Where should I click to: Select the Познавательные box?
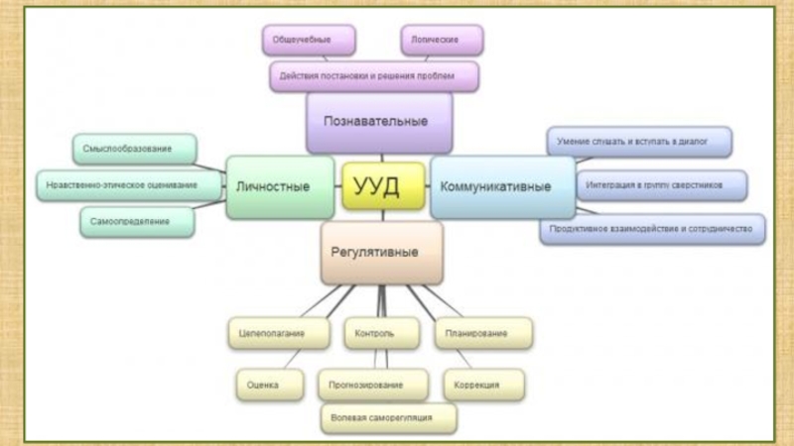click(378, 122)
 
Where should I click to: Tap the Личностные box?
click(279, 186)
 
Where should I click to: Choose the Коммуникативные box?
click(501, 186)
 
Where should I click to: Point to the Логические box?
click(443, 40)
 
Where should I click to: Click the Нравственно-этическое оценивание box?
click(121, 185)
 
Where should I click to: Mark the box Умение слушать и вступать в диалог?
click(639, 142)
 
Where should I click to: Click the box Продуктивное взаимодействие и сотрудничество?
click(653, 229)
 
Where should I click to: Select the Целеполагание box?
click(278, 333)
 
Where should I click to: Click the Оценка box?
click(263, 383)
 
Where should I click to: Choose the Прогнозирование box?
click(373, 383)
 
